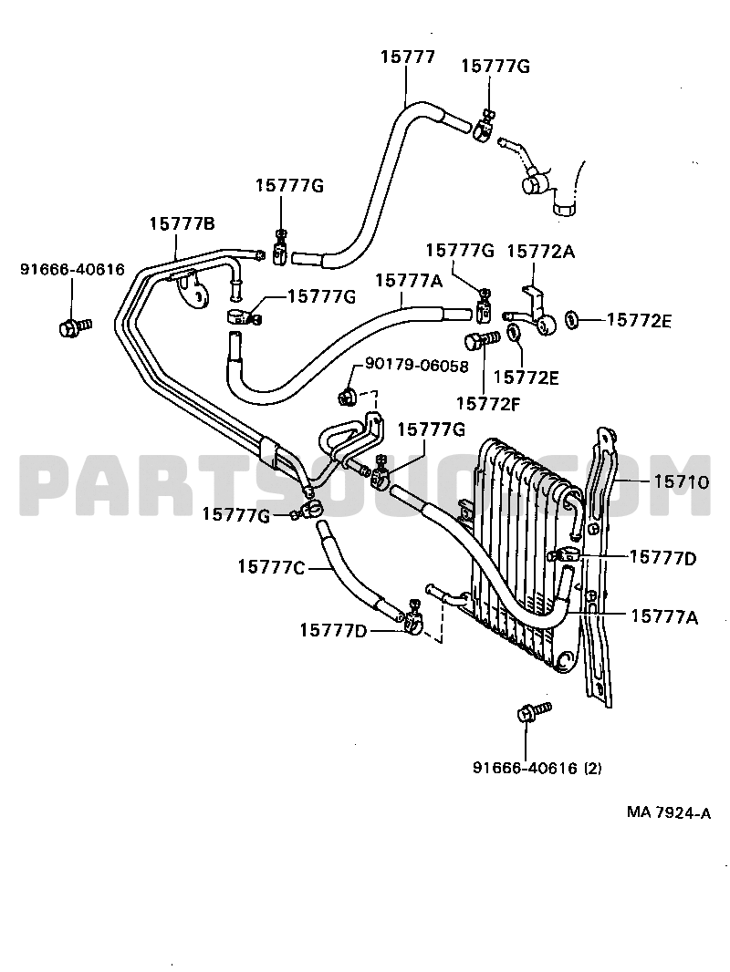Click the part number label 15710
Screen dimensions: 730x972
[681, 481]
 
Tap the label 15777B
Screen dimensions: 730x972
[182, 223]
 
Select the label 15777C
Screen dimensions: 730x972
[271, 567]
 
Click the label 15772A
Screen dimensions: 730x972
[541, 252]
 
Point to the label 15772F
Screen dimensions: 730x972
[489, 404]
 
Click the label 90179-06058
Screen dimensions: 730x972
[416, 366]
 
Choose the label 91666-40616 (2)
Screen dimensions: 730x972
[537, 769]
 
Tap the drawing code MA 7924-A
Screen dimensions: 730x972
[669, 813]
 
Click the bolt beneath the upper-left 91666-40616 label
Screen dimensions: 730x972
[75, 326]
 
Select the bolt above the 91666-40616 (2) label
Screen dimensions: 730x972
[534, 711]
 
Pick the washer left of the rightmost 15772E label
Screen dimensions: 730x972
[572, 320]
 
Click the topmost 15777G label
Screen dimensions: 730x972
[495, 67]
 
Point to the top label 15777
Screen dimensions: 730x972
[408, 57]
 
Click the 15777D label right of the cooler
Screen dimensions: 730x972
[662, 559]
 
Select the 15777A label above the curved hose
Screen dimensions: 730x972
[409, 281]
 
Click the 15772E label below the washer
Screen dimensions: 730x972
[526, 377]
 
